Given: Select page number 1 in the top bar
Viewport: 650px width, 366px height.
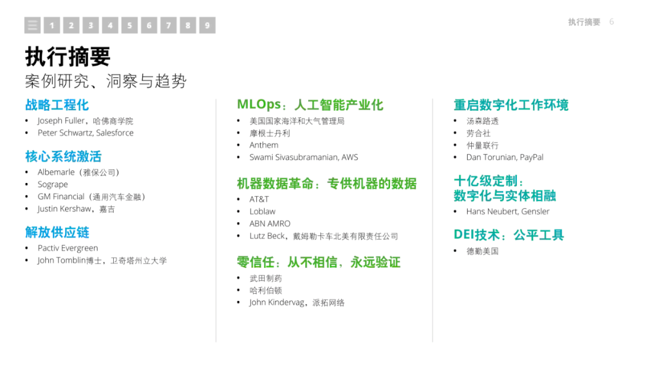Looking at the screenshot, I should click(52, 25).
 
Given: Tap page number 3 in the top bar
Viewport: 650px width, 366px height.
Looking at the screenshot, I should click(90, 25).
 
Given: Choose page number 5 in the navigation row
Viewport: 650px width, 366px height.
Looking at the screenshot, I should click(129, 25).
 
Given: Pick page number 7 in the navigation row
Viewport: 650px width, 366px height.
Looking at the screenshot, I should click(169, 25).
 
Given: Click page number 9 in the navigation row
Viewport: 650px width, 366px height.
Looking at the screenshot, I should click(207, 25).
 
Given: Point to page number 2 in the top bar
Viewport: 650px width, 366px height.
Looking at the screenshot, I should click(71, 25).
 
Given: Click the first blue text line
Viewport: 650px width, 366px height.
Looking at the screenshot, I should click(57, 105).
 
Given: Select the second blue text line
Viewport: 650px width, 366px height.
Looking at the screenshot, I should click(63, 157).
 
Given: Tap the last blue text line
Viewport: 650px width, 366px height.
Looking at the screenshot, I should click(57, 232).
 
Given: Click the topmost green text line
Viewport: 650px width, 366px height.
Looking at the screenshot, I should click(310, 105).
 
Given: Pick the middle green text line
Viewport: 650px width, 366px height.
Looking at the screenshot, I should click(327, 184).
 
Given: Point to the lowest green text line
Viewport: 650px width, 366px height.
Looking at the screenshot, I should click(319, 262).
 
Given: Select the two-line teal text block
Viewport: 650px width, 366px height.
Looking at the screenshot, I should click(504, 188).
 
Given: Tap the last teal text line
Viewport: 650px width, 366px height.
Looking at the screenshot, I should click(509, 235).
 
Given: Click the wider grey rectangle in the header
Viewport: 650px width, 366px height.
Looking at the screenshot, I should click(584, 22).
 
